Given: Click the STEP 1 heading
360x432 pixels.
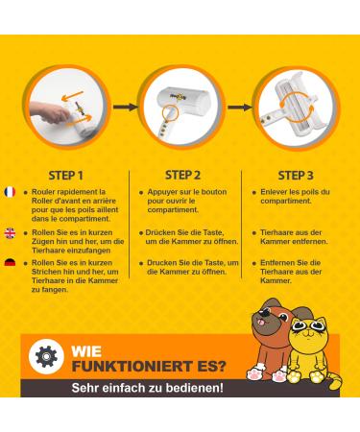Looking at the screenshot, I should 66,176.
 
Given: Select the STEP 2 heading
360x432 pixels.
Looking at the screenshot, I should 181,176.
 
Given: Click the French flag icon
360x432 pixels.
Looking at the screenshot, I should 10,192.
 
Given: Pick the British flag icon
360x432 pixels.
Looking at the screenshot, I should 10,232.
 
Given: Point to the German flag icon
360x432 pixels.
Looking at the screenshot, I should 10,262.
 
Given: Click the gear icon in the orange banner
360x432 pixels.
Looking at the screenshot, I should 47,356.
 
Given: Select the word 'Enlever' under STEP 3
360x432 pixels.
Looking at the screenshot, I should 276,192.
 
